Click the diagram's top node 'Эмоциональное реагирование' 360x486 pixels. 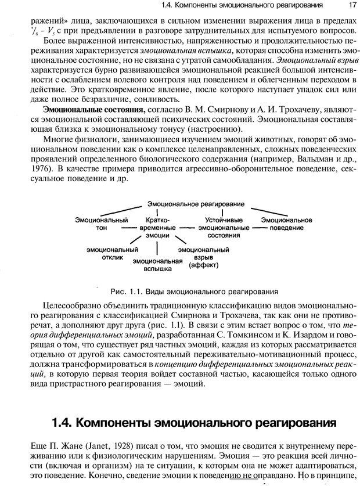click(x=196, y=204)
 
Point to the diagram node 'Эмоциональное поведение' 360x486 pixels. click(x=286, y=224)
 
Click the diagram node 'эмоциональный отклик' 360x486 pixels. click(x=109, y=253)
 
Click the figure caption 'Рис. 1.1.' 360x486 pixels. click(x=123, y=291)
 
